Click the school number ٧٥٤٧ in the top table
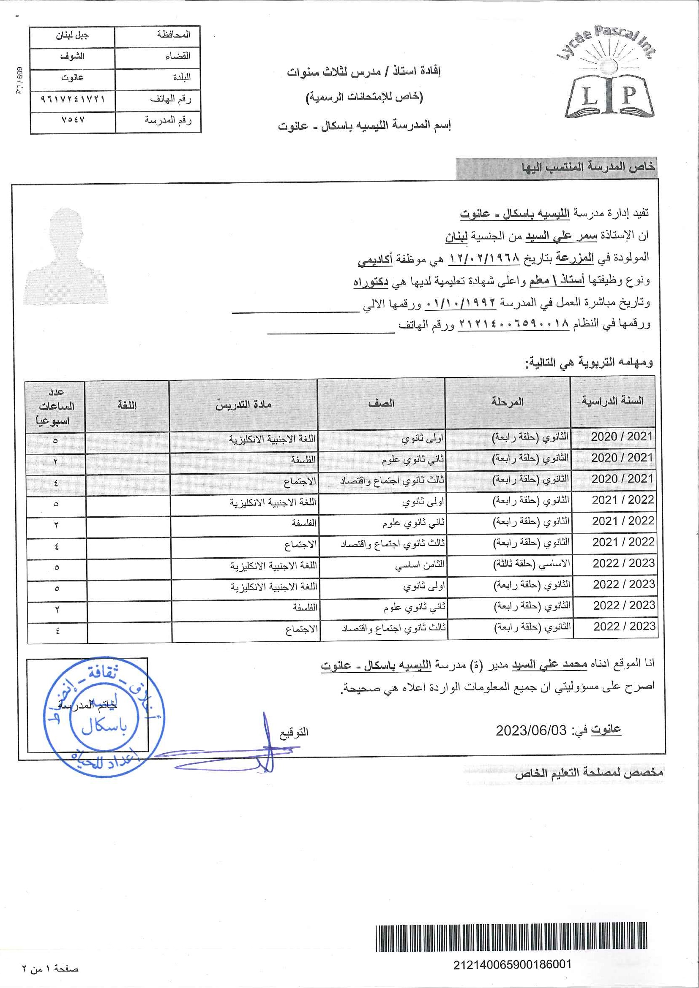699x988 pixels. coord(73,120)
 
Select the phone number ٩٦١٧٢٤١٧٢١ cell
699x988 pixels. coord(73,99)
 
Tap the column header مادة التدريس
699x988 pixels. coord(243,404)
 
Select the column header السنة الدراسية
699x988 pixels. coord(612,401)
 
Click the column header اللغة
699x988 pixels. coord(127,405)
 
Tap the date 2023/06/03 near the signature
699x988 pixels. coord(531,730)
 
